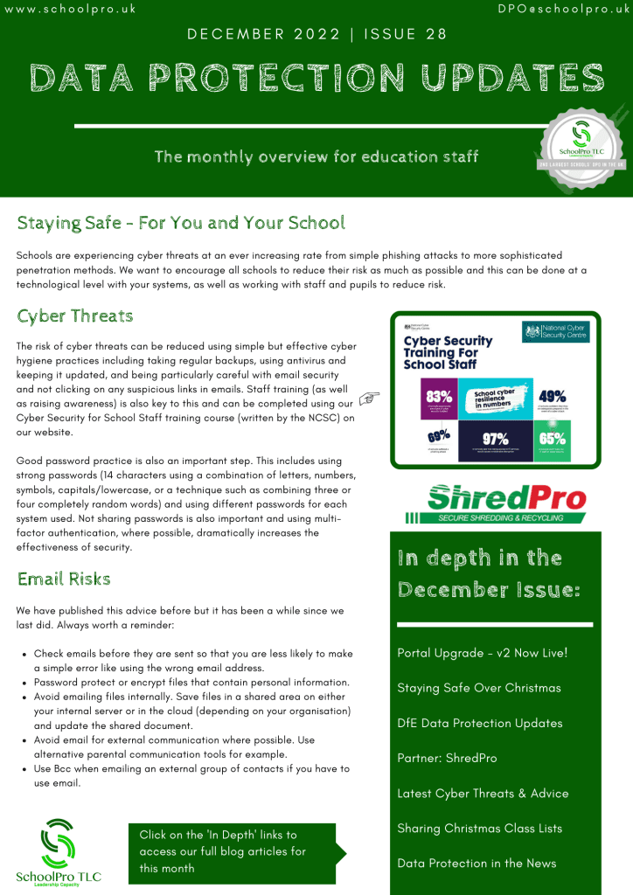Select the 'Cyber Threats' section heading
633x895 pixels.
[x=75, y=316]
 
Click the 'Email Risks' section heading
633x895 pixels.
[x=64, y=579]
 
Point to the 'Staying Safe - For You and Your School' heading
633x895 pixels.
[x=181, y=222]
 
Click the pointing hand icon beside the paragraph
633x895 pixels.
[x=369, y=399]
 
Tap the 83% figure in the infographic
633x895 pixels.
[x=439, y=396]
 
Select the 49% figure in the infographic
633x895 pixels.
[x=553, y=395]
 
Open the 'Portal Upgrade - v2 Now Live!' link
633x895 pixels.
[x=483, y=653]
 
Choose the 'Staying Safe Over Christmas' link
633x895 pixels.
[x=479, y=688]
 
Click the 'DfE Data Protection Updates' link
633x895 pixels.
[x=480, y=723]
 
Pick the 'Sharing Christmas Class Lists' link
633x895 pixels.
[x=480, y=828]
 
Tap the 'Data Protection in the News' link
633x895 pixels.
[x=476, y=863]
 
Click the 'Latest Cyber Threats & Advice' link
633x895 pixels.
[x=483, y=793]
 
